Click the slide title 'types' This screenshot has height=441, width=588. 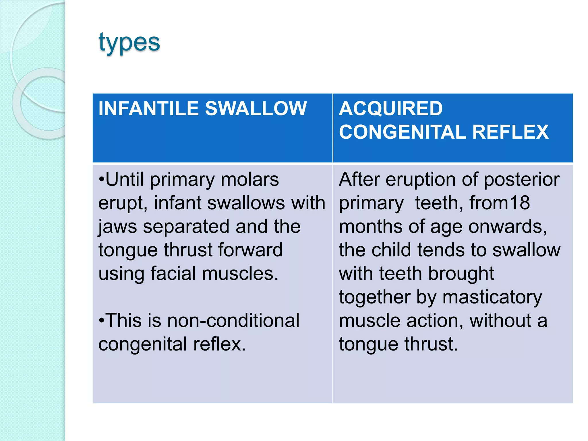[129, 43]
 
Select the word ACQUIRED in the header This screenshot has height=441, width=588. [390, 109]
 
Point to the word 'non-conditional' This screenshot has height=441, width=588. [233, 320]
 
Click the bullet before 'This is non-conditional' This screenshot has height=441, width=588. [102, 321]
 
